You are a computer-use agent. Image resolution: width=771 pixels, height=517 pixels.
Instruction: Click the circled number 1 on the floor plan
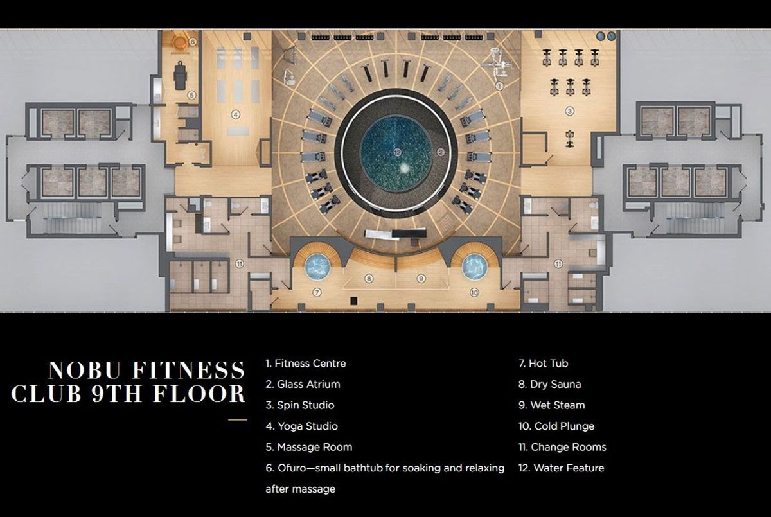499,86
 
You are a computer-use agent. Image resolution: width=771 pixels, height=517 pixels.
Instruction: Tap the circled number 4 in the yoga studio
235,114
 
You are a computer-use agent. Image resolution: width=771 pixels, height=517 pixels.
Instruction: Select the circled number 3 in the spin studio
570,111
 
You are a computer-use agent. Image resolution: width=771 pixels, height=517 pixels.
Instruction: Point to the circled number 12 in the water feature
397,152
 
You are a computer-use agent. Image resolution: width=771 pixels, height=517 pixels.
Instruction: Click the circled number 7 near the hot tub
317,292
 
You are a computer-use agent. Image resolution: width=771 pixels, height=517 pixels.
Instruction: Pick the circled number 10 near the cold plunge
474,292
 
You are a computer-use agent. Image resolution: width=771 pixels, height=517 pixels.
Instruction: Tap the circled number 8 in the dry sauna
369,278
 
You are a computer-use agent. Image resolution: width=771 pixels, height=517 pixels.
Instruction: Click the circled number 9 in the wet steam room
421,278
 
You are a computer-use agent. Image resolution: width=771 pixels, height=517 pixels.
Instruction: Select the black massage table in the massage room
180,75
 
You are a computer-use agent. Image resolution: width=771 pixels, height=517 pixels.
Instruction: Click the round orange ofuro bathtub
179,42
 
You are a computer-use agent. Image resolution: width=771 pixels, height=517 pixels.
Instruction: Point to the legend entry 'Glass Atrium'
303,384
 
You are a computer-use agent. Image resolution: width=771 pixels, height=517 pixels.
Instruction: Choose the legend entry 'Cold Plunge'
556,426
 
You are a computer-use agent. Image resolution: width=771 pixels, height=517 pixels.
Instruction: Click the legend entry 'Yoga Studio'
302,426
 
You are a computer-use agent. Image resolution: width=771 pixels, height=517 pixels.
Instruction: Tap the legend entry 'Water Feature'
562,468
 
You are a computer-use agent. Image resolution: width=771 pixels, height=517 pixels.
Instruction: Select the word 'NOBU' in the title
85,370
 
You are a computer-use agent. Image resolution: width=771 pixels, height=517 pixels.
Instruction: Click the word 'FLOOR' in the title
199,394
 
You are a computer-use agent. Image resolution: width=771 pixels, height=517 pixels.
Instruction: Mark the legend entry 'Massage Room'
309,447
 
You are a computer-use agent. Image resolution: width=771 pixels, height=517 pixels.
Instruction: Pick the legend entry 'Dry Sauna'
550,384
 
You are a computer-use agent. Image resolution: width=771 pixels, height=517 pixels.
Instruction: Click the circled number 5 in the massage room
191,95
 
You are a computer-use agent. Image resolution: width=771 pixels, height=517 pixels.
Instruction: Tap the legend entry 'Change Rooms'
562,447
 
